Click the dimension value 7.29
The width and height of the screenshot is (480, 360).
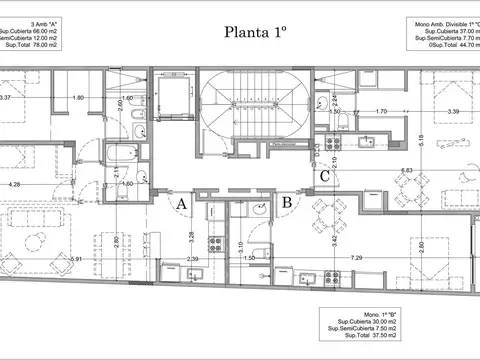pos(358,258)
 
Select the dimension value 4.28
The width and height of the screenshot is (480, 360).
pos(15,185)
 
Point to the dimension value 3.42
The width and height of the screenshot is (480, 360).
pos(334,240)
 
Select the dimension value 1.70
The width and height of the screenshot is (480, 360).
pos(381,113)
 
